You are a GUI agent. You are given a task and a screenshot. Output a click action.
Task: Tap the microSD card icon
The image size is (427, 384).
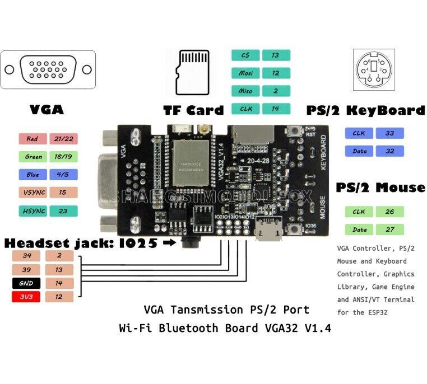193,73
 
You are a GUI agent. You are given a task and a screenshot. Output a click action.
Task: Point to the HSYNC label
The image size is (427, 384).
32,211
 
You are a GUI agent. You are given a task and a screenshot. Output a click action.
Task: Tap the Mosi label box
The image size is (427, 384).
245,73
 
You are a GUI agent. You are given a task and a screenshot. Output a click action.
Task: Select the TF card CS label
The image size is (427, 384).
245,55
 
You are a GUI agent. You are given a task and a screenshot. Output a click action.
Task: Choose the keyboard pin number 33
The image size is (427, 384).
389,133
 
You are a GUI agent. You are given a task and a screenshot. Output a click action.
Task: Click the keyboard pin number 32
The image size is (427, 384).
389,151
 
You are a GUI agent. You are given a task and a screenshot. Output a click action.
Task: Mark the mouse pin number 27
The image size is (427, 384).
389,230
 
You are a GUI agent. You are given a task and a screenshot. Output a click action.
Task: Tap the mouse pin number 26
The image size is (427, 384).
389,212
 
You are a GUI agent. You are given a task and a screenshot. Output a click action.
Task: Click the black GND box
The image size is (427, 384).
26,283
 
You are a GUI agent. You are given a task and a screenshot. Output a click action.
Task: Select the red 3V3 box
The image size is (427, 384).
26,297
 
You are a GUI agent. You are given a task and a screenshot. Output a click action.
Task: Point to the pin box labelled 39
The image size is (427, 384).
26,270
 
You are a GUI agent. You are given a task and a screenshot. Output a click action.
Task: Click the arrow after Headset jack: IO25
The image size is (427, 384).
167,243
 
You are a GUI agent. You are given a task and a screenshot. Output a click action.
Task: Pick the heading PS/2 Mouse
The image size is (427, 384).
380,187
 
